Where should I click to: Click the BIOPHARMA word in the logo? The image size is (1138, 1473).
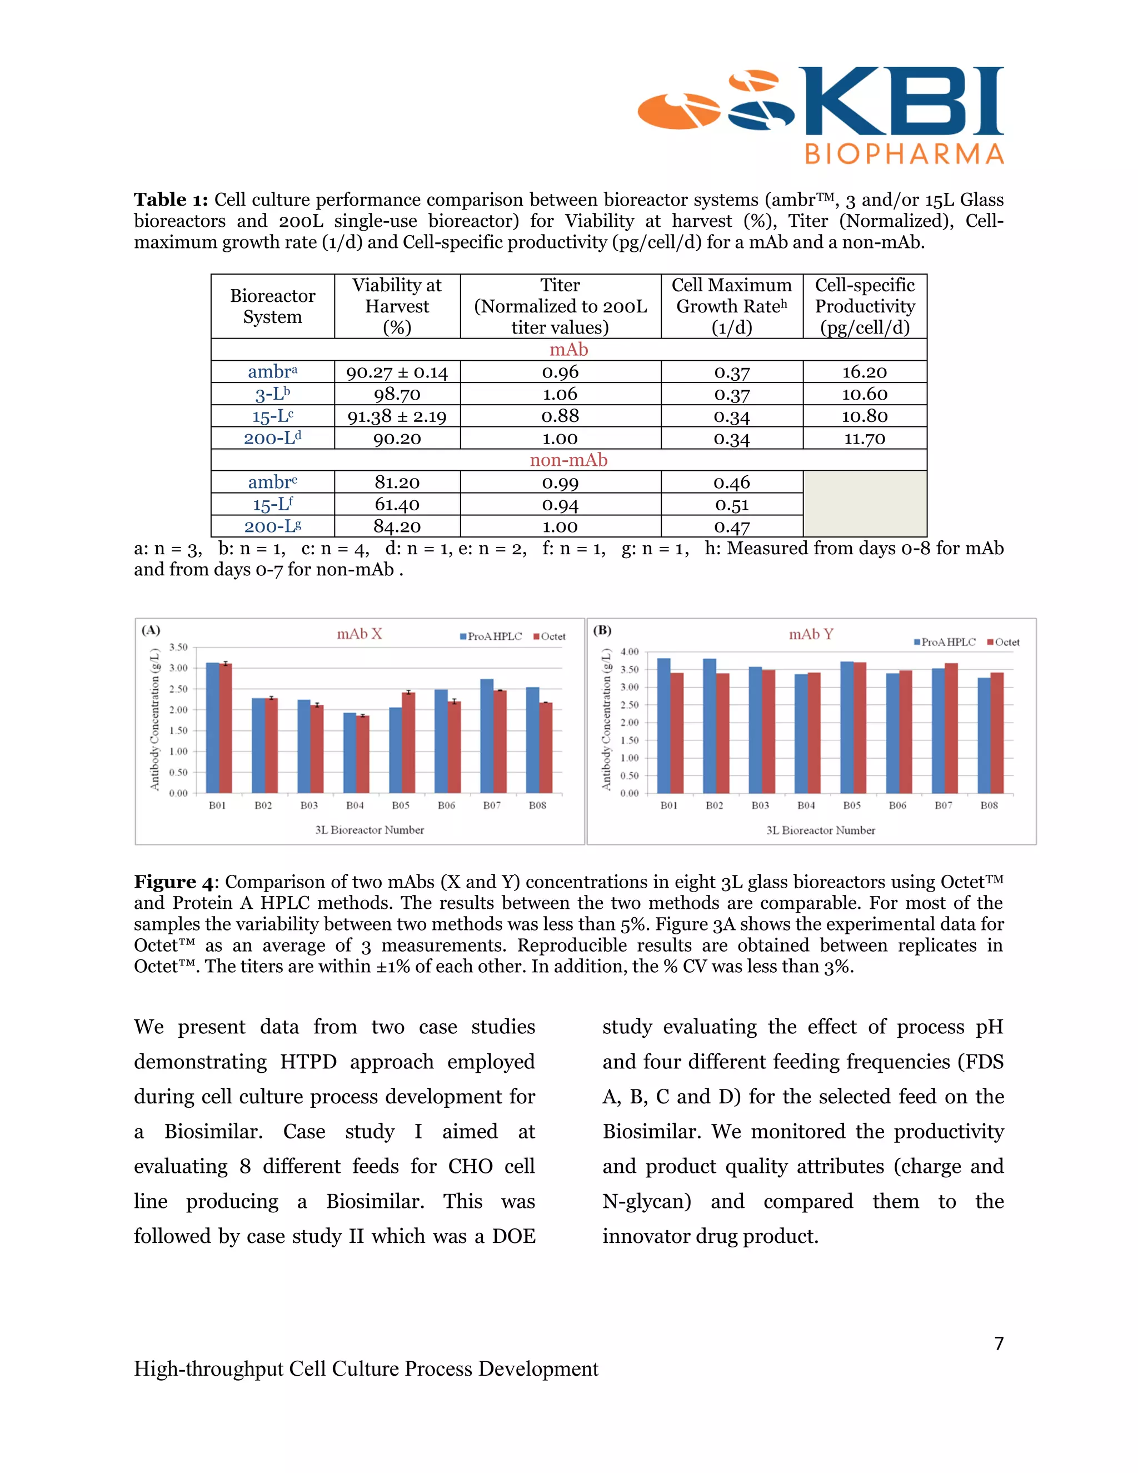[x=904, y=154]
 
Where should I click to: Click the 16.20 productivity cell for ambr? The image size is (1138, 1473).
[x=864, y=372]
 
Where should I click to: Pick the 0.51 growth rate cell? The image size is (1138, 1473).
[x=731, y=505]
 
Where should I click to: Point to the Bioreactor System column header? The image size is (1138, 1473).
[x=272, y=306]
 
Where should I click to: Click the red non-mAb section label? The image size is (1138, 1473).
[x=568, y=460]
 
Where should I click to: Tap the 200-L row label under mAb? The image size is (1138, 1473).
[x=272, y=439]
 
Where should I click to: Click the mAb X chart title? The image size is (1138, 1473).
[x=360, y=634]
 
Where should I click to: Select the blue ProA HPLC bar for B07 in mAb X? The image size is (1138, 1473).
[x=487, y=735]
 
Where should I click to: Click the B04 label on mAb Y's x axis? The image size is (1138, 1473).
[x=806, y=805]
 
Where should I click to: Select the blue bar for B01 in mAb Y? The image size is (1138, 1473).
[x=663, y=726]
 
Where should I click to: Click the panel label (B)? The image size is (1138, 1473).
[x=602, y=631]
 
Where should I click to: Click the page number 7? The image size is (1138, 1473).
[x=999, y=1343]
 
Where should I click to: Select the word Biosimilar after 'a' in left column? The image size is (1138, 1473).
[x=213, y=1131]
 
